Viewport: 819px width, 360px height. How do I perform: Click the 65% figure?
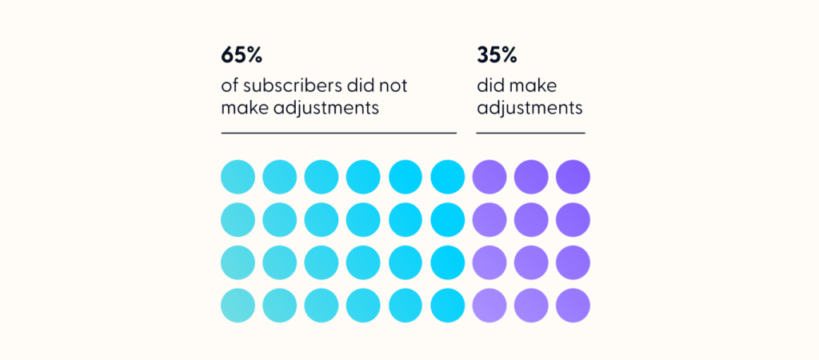(242, 56)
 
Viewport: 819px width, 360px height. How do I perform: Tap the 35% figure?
(497, 56)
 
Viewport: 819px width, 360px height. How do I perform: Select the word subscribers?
(299, 85)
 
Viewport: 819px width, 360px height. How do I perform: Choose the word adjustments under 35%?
(529, 107)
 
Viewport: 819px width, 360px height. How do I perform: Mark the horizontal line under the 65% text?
(338, 133)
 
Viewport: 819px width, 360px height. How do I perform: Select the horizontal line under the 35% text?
(530, 133)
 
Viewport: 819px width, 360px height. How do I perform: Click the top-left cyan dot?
(238, 177)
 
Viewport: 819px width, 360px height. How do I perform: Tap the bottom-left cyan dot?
(238, 305)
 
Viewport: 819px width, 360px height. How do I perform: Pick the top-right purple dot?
(573, 177)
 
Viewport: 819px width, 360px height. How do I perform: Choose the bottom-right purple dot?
(573, 305)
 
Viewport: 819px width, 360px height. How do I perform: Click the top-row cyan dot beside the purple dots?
(447, 177)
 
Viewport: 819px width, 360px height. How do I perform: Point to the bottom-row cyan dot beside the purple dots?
(447, 305)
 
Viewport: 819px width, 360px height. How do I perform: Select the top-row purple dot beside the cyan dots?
(489, 177)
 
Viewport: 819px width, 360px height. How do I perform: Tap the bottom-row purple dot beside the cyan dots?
(489, 305)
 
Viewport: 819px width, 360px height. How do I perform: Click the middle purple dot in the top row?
(531, 177)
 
